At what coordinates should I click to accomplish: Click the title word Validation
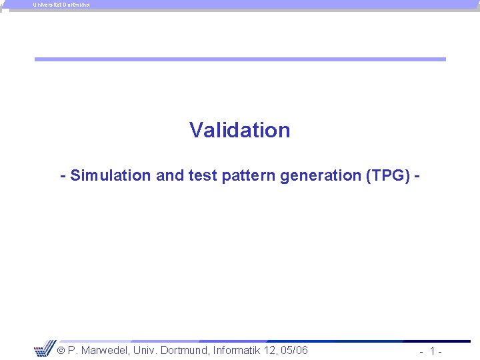click(239, 130)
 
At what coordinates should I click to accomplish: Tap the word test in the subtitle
click(203, 176)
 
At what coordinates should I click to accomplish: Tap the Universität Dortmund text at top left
click(61, 5)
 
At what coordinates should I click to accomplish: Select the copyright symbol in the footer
click(59, 351)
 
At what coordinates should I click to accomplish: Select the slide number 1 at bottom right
click(433, 351)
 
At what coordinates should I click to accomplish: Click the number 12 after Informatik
click(271, 351)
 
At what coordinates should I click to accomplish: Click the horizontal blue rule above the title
click(240, 59)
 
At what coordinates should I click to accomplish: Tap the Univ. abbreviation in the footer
click(145, 351)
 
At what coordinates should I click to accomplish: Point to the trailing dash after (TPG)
click(417, 176)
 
